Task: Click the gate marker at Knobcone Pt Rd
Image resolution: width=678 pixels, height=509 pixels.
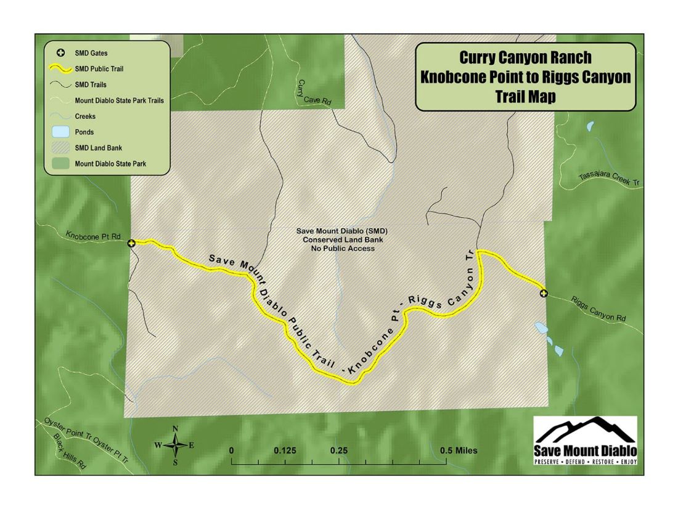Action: (131, 244)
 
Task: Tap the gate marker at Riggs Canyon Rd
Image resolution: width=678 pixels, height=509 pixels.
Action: (543, 293)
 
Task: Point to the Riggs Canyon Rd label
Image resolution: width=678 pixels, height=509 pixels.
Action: (598, 309)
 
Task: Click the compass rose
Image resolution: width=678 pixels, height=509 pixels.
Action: (175, 444)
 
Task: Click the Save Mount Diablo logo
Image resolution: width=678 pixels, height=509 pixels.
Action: (586, 441)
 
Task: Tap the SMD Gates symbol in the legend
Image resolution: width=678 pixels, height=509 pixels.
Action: (61, 52)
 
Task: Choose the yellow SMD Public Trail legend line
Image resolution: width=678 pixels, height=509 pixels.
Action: (61, 68)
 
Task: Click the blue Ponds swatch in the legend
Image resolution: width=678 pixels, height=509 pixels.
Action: (61, 131)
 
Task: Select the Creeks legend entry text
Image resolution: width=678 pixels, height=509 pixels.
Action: (86, 115)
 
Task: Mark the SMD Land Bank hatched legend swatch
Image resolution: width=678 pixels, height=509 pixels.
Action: (61, 147)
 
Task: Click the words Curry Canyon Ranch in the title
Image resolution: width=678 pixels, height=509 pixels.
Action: (525, 57)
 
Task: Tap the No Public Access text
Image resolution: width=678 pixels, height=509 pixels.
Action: (335, 248)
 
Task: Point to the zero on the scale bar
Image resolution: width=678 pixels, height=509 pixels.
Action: (232, 450)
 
